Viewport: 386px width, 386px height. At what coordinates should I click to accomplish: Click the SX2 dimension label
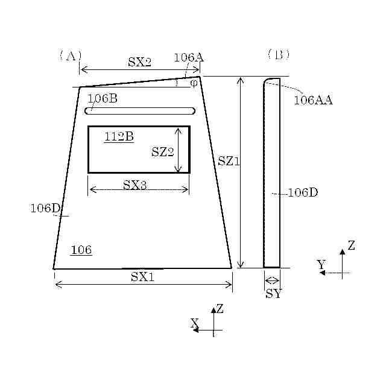(139, 62)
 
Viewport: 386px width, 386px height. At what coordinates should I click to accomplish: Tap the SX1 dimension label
(142, 277)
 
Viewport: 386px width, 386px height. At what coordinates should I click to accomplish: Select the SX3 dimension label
(134, 185)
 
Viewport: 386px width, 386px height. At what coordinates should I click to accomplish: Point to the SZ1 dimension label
(229, 162)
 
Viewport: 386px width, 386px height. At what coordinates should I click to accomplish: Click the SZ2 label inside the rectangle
(162, 151)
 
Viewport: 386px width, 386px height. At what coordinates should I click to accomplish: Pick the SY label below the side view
(273, 294)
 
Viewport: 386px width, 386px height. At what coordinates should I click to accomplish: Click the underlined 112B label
(119, 137)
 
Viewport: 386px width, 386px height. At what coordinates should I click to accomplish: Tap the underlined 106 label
(81, 250)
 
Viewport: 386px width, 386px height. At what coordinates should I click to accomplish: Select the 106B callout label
(103, 98)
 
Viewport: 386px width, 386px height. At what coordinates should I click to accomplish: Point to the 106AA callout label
(313, 100)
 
